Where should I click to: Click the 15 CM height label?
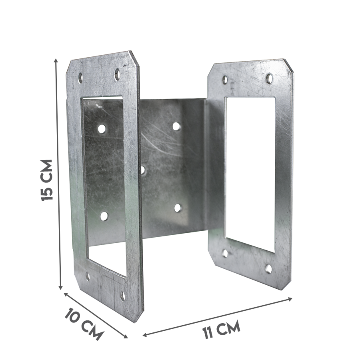[47, 180]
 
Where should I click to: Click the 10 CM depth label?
[84, 324]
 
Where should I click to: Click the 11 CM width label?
[221, 329]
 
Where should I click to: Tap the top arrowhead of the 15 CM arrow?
[56, 60]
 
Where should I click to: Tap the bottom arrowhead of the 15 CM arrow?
[61, 288]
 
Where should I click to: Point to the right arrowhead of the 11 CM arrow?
[290, 299]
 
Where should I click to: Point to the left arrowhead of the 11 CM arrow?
[145, 335]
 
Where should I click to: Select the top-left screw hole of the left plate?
[80, 77]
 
